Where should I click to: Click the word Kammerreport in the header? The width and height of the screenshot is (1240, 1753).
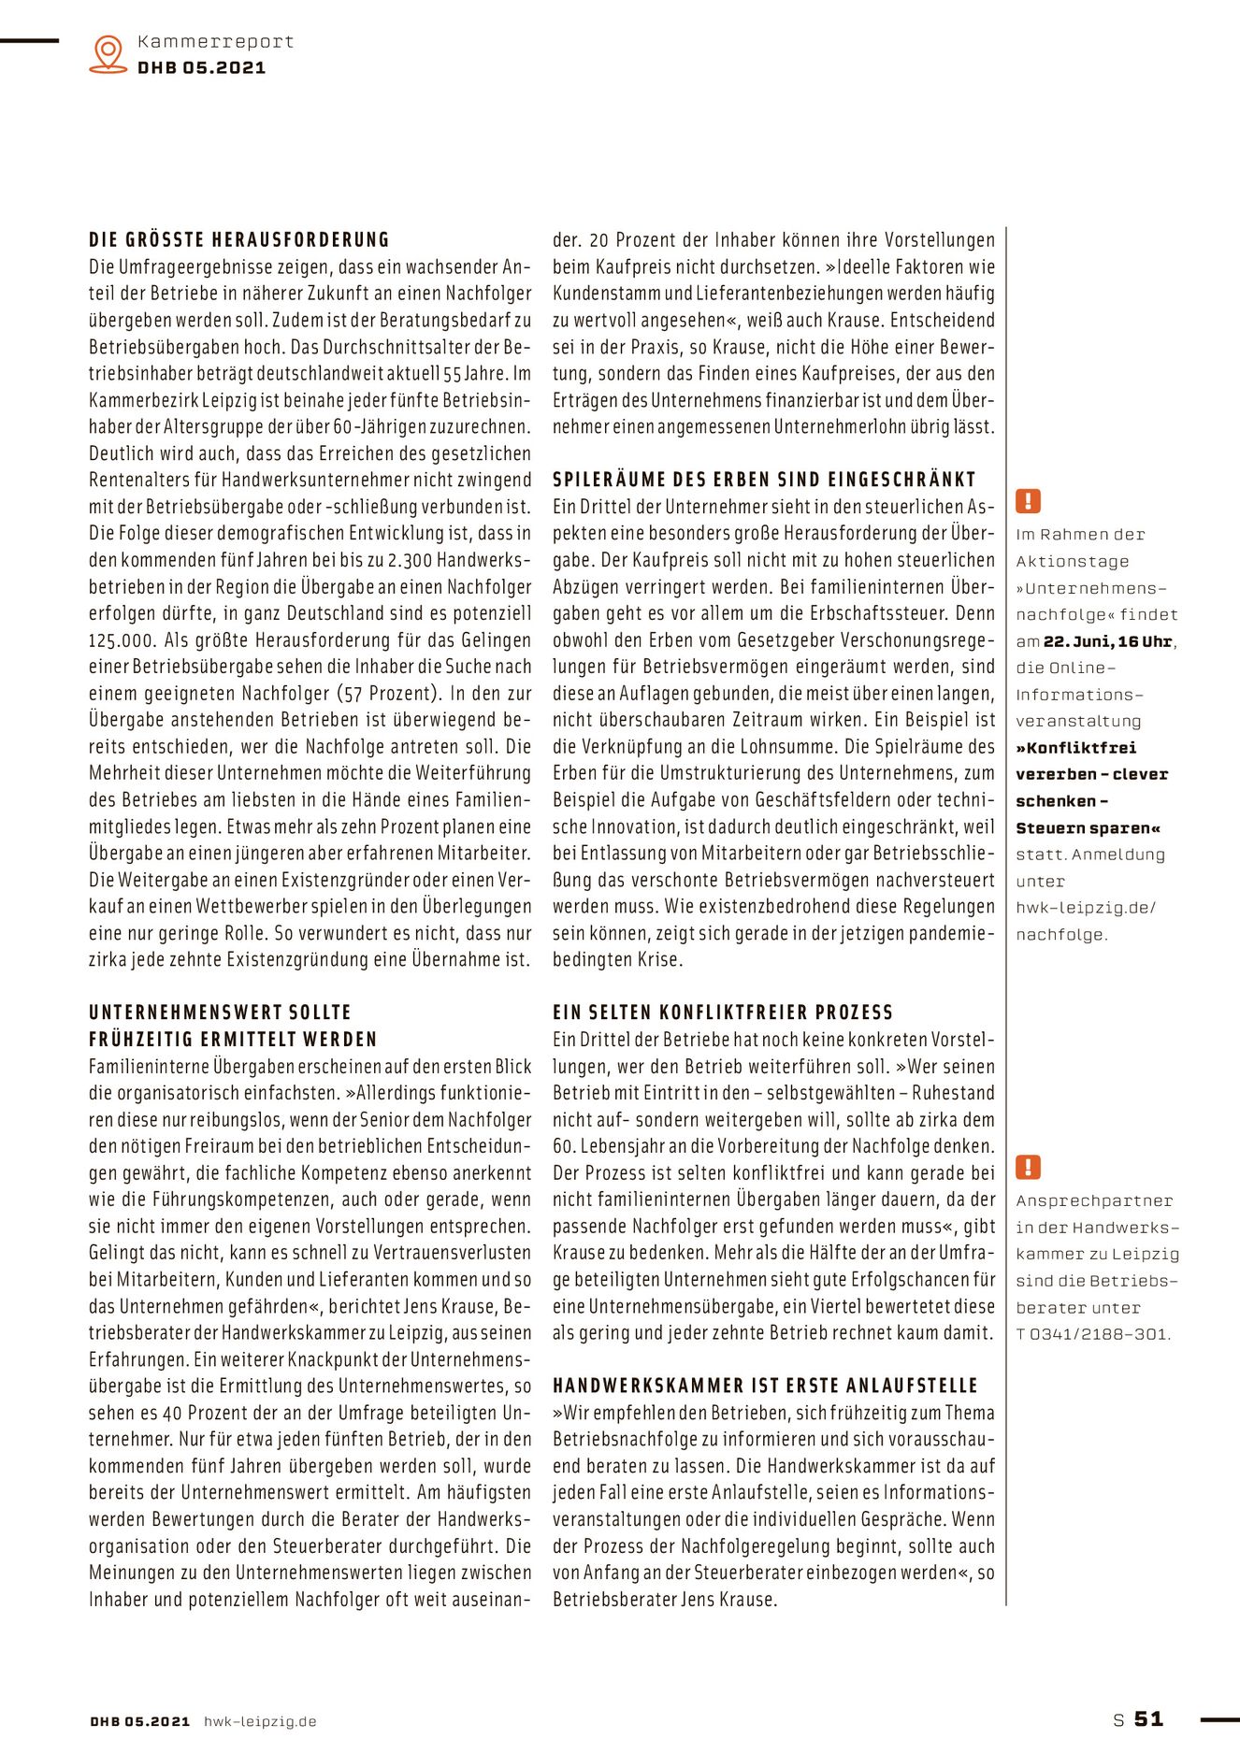[215, 42]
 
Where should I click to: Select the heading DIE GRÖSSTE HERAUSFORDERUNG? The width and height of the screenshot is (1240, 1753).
[239, 240]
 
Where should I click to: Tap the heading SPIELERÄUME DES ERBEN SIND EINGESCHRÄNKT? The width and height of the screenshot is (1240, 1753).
[764, 480]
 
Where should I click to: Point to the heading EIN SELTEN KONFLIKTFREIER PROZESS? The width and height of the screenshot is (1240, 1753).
[723, 1013]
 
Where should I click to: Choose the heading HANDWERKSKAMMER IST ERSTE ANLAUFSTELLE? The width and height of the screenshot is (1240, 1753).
[765, 1386]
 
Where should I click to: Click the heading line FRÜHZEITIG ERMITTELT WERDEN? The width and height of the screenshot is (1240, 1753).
[233, 1040]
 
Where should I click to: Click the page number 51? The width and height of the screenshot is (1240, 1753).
[1149, 1719]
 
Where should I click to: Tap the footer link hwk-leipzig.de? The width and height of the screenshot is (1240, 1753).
[260, 1721]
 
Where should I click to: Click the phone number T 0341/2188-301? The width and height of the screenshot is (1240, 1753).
[1093, 1334]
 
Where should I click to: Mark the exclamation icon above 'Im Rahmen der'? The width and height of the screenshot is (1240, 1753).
[1028, 501]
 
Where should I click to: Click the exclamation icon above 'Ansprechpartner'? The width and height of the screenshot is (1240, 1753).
[1028, 1168]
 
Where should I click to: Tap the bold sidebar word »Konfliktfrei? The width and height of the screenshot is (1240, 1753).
[1076, 748]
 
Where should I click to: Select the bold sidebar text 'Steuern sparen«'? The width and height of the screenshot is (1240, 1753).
[1089, 828]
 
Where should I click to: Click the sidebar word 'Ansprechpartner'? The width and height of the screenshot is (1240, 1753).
[1094, 1201]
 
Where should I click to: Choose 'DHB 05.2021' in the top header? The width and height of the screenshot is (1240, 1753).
[201, 68]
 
